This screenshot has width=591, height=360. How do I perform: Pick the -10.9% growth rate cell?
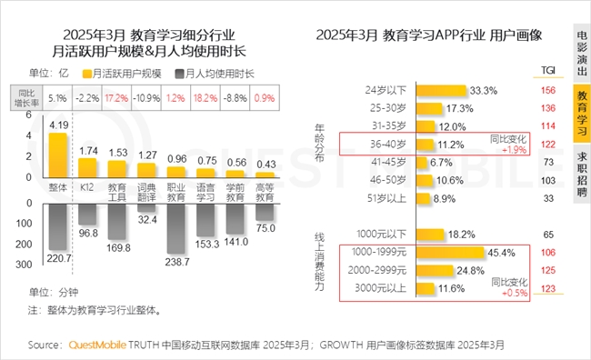(145, 97)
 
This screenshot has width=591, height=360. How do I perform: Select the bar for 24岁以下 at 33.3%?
(442, 90)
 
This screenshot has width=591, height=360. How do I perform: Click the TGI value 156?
(547, 90)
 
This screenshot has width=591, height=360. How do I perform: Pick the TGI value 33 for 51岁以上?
(547, 197)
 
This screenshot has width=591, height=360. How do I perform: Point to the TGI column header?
(548, 69)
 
